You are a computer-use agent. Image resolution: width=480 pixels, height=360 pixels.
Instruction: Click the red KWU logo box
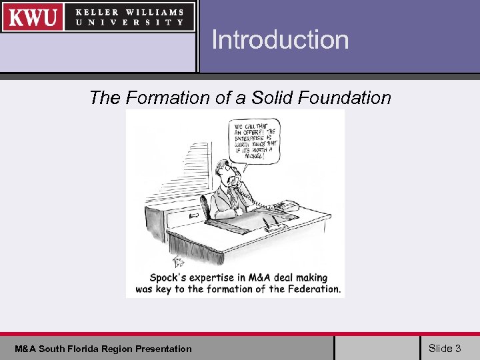[x=33, y=17]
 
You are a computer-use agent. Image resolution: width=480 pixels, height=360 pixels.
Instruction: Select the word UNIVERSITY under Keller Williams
[x=129, y=22]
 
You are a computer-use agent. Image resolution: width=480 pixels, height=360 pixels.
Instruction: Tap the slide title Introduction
[x=280, y=40]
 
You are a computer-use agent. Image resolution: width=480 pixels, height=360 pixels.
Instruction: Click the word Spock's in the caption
[x=169, y=278]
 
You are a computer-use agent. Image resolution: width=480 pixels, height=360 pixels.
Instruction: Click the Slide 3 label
[x=445, y=348]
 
